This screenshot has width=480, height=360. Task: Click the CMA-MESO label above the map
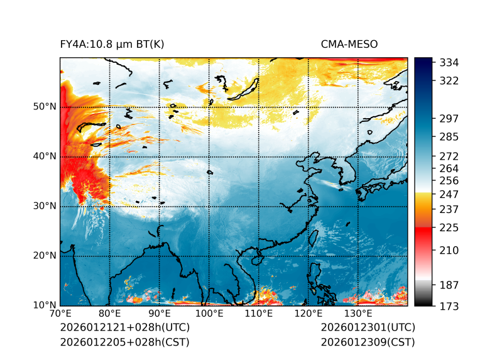pos(349,44)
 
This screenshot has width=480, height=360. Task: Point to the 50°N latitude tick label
pos(44,107)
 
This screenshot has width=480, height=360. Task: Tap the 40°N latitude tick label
pos(44,156)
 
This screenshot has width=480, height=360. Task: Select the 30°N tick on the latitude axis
pos(44,206)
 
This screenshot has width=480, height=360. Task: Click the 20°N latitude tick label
pos(44,256)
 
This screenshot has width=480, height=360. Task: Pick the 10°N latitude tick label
pos(44,305)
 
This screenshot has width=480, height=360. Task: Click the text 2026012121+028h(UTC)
pos(124,328)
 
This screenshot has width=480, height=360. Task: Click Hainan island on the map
pos(256,258)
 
